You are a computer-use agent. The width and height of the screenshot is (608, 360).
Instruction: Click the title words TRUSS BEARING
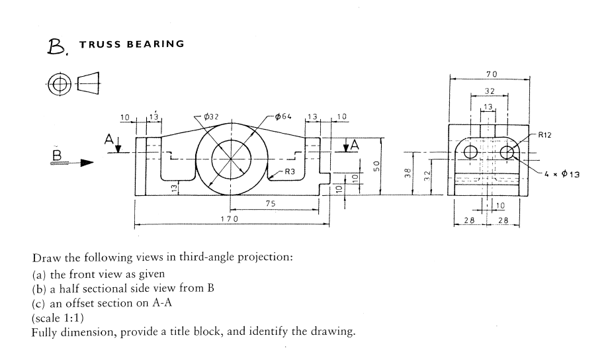(x=131, y=44)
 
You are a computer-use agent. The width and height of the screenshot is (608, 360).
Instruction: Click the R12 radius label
(x=545, y=134)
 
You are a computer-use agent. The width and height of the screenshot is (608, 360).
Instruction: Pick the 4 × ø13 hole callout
(x=562, y=175)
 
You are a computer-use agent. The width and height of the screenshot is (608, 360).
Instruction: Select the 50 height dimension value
(x=376, y=167)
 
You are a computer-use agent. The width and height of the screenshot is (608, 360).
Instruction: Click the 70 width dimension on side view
(x=491, y=73)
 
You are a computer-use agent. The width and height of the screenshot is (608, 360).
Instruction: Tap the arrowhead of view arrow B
(x=85, y=162)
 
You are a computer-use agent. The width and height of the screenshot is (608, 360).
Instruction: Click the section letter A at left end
(x=108, y=139)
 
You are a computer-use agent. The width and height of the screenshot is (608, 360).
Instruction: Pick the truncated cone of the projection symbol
(x=91, y=84)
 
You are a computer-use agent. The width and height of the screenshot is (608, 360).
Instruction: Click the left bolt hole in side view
(x=471, y=153)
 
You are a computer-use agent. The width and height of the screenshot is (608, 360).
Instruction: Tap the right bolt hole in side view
(x=507, y=153)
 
